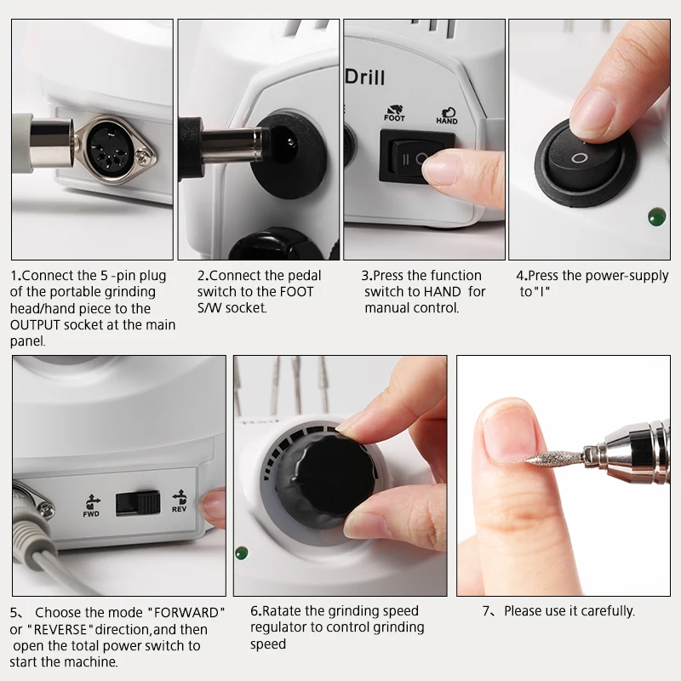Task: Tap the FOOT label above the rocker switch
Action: [394, 117]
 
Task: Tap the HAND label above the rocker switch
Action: [446, 121]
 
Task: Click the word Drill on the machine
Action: [365, 77]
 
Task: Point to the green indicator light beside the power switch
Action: [656, 217]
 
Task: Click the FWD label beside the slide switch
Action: [91, 514]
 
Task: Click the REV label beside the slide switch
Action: [179, 509]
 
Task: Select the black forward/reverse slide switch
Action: [138, 504]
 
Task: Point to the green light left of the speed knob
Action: [242, 553]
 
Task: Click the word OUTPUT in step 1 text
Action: [35, 325]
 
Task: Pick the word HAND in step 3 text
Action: [442, 292]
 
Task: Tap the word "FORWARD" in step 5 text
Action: [186, 613]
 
